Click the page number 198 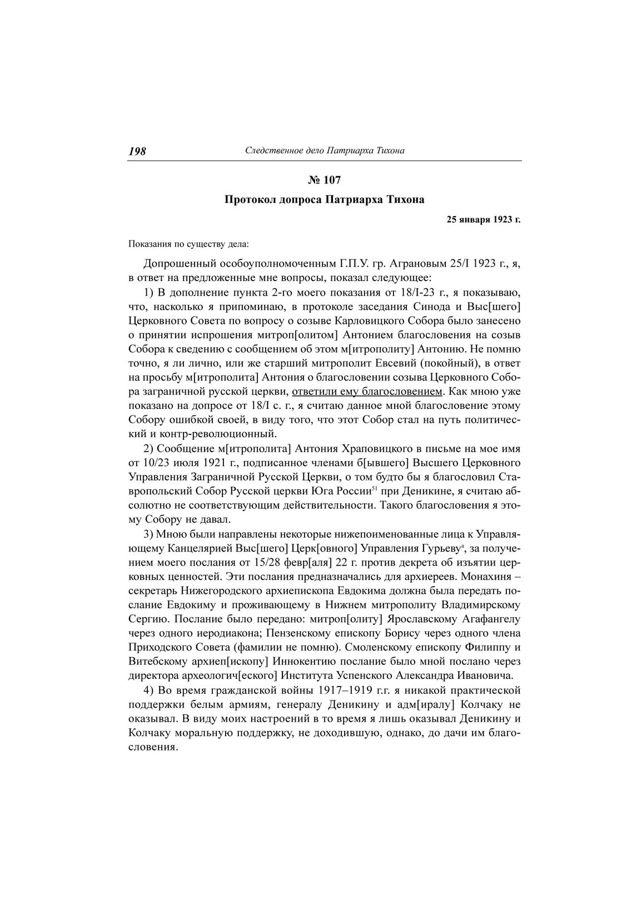137,151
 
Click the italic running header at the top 325,151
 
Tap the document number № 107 324,180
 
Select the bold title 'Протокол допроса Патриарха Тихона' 324,199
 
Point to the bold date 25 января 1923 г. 484,220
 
